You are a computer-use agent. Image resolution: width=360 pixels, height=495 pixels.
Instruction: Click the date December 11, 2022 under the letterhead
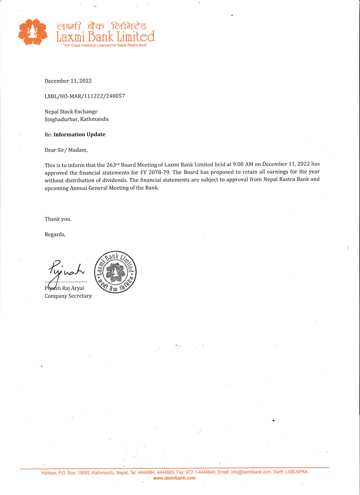[68, 81]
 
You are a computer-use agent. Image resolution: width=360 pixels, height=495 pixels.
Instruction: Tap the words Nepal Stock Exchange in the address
[71, 112]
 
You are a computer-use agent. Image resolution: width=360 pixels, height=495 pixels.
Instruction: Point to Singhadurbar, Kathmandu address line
[76, 119]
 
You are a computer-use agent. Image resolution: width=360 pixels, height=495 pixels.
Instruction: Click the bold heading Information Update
[79, 134]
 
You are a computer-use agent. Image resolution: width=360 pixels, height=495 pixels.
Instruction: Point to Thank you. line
[58, 219]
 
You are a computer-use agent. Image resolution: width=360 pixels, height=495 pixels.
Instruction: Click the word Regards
[55, 234]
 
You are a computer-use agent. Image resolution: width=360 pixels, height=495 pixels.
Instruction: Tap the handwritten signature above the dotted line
[66, 270]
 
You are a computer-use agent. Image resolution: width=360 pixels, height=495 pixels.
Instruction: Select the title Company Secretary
[68, 296]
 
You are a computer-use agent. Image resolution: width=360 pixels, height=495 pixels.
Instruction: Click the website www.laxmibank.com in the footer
[174, 478]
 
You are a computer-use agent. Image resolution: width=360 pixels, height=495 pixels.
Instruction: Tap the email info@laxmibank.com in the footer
[251, 472]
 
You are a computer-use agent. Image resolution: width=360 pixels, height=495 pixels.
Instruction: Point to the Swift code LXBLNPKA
[296, 472]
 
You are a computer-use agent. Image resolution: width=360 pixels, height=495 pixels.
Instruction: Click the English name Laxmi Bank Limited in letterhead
[105, 37]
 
